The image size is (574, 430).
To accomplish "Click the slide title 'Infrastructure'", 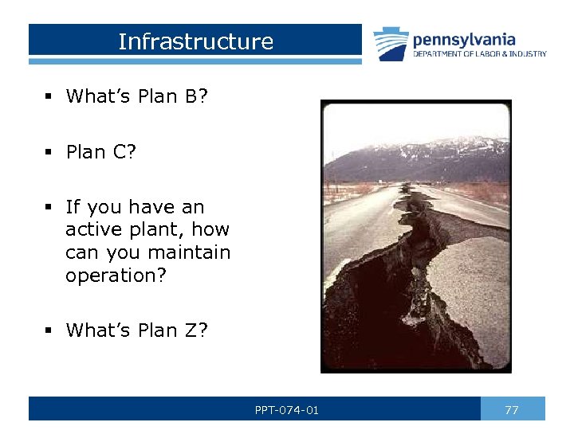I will click(x=195, y=41).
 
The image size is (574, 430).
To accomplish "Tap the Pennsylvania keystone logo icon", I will click(x=391, y=44).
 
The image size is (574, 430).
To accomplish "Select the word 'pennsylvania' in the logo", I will click(x=464, y=39).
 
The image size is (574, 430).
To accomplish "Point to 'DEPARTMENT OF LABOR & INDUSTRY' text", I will click(x=479, y=54).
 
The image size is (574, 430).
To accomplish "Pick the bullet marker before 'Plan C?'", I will click(x=49, y=152).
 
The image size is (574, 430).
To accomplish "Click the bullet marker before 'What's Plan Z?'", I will click(x=49, y=330).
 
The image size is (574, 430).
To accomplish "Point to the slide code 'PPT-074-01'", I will click(x=287, y=410).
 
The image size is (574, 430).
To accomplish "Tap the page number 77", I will click(x=512, y=410).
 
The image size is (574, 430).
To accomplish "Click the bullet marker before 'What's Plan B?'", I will click(x=49, y=96).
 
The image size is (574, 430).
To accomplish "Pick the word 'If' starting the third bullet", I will click(x=73, y=207).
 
